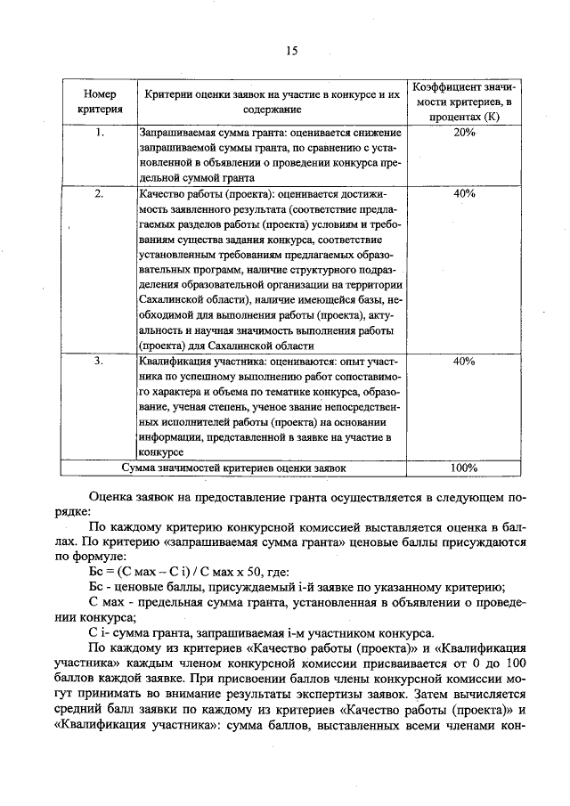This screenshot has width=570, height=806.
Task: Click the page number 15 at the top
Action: pos(290,51)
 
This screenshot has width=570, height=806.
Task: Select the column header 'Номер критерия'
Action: pos(100,102)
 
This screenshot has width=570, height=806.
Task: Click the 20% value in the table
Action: pos(464,133)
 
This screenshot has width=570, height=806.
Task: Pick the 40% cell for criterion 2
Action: pos(464,193)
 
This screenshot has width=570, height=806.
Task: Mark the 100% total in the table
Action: pos(464,467)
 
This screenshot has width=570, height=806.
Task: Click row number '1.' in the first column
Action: pos(100,133)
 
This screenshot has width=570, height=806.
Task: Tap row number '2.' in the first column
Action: pos(100,193)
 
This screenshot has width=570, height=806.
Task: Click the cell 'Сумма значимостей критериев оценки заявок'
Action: pos(233,467)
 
